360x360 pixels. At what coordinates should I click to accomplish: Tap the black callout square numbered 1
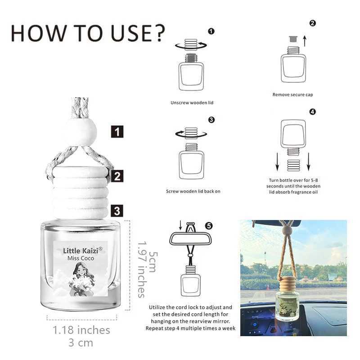[x=117, y=132]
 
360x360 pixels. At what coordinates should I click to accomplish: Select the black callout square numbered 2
[x=117, y=176]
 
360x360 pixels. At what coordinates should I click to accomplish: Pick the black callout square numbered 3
[x=117, y=210]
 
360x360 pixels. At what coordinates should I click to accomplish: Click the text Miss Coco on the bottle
[x=81, y=258]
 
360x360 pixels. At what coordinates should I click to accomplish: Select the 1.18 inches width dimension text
[x=81, y=330]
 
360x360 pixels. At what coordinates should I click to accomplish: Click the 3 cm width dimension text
[x=81, y=343]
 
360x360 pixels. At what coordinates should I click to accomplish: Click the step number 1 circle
[x=211, y=31]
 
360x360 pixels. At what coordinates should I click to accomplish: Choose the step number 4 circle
[x=313, y=112]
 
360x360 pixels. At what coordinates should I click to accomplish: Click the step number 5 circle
[x=208, y=225]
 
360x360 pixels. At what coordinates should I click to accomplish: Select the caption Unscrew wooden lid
[x=192, y=103]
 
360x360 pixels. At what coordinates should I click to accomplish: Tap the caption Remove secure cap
[x=292, y=94]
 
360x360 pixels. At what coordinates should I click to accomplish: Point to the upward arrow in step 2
[x=305, y=41]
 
